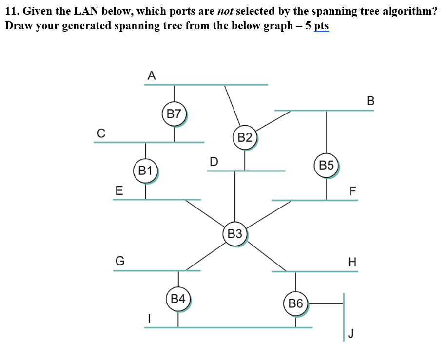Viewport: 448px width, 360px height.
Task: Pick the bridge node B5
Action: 327,166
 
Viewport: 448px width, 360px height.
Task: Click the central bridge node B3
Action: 235,234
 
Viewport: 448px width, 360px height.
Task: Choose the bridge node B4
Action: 178,299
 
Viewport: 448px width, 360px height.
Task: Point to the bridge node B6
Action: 295,304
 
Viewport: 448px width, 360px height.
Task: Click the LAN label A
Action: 151,76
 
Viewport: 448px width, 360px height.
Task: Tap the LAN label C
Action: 100,133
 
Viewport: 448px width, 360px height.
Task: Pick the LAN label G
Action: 119,261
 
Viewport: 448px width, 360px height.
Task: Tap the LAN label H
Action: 352,262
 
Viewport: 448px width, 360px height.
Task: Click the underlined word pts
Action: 321,25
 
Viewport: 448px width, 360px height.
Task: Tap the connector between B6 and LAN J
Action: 327,303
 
